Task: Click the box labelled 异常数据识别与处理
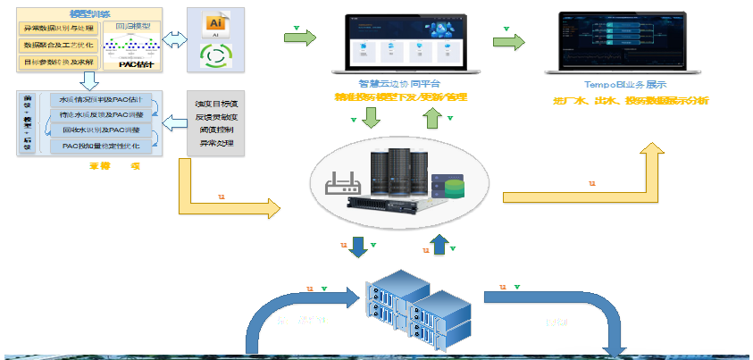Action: pyautogui.click(x=57, y=29)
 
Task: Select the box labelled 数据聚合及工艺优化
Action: pyautogui.click(x=57, y=46)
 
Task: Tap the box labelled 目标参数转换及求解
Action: pyautogui.click(x=57, y=63)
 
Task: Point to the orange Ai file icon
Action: pyautogui.click(x=213, y=23)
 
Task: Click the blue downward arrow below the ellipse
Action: pyautogui.click(x=358, y=247)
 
